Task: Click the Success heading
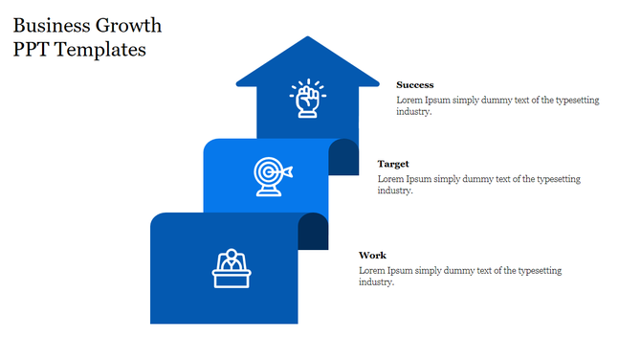pyautogui.click(x=414, y=85)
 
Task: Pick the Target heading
pyautogui.click(x=393, y=164)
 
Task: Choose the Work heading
pyautogui.click(x=372, y=255)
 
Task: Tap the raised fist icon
pyautogui.click(x=307, y=100)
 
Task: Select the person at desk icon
pyautogui.click(x=231, y=268)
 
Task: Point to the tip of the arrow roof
pyautogui.click(x=307, y=38)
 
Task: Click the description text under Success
pyautogui.click(x=497, y=106)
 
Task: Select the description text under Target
pyautogui.click(x=478, y=185)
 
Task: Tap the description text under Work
pyautogui.click(x=460, y=276)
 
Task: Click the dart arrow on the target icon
pyautogui.click(x=286, y=171)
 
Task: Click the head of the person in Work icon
pyautogui.click(x=231, y=255)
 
